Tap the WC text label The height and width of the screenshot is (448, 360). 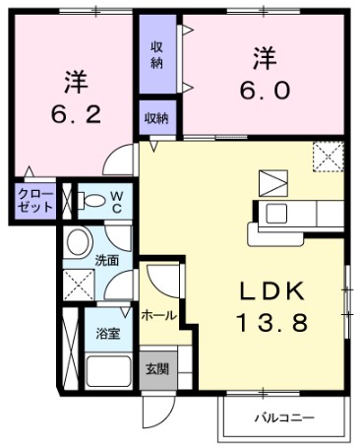pos(115,201)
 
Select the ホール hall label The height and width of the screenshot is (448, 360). pos(158,315)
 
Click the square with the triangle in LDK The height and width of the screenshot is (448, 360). pos(270,182)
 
